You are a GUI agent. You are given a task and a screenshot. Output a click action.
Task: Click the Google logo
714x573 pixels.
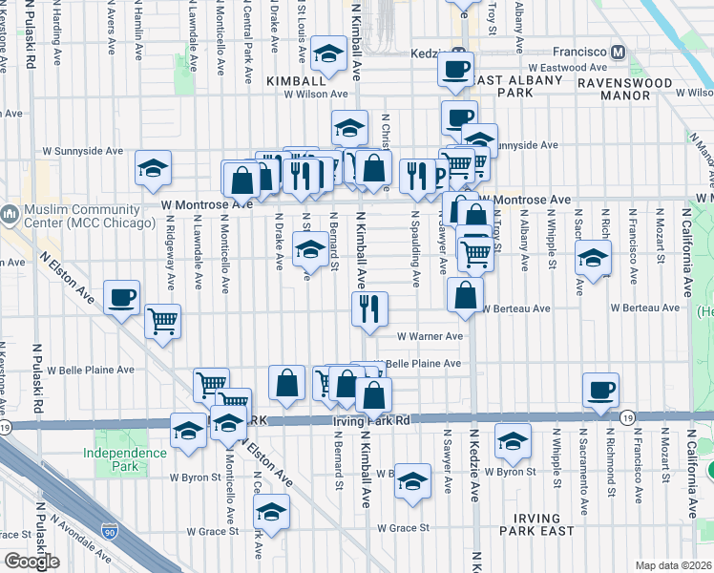[31, 562]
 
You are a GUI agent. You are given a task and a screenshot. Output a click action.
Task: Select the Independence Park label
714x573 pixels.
[124, 459]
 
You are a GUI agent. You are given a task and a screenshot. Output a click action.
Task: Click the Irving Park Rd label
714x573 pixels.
[370, 420]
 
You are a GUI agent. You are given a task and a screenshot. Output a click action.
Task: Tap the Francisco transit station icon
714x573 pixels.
[618, 52]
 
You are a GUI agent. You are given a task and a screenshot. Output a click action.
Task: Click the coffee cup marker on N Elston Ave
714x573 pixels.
[121, 297]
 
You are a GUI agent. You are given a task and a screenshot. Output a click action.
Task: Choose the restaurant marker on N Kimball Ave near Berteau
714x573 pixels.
[368, 308]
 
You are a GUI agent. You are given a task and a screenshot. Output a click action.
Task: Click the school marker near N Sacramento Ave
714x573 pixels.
[593, 258]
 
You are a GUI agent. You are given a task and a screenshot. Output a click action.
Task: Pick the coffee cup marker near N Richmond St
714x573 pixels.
[601, 390]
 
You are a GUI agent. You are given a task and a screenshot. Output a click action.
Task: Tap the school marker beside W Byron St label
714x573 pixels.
[513, 441]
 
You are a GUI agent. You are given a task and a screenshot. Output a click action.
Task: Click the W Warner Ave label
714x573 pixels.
[430, 336]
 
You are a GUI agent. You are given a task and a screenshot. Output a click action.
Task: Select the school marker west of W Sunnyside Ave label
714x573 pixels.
[153, 168]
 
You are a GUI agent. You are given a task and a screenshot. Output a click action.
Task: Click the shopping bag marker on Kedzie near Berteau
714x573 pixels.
[465, 295]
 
